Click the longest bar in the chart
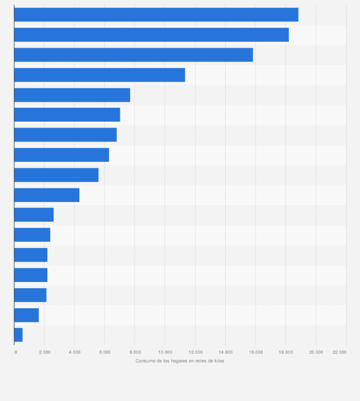tap(156, 15)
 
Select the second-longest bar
tap(151, 35)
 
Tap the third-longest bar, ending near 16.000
tap(133, 55)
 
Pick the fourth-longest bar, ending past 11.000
tap(99, 75)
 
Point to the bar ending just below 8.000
tap(72, 95)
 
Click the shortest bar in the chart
tap(18, 335)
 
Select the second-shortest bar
tap(26, 315)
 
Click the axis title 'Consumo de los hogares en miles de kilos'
tap(180, 361)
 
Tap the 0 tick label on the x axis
tap(16, 352)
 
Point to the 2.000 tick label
tap(44, 352)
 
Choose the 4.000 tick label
tap(74, 352)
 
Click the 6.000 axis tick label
tap(105, 352)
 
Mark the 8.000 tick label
tap(135, 352)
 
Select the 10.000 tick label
tap(165, 352)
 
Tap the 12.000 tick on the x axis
tap(195, 352)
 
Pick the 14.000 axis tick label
tap(225, 352)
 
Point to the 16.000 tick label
tap(255, 352)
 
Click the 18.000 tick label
tap(286, 352)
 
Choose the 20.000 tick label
tap(316, 352)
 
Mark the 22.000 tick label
tap(339, 352)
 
